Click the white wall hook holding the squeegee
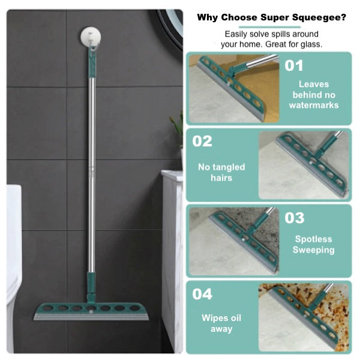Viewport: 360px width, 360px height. pos(91,36)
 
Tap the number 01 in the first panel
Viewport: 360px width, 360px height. pos(294,65)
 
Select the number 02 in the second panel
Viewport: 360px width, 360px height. pos(202,141)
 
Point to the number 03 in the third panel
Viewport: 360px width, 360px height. pos(295,218)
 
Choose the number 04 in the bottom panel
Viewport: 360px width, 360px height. pos(202,294)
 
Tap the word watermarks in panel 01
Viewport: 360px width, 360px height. pos(314,105)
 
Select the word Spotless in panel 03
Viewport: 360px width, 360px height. pos(314,239)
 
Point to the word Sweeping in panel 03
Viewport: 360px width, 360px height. pos(314,250)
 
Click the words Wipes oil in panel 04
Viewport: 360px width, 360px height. pos(221,318)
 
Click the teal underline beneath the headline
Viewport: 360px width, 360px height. pos(269,27)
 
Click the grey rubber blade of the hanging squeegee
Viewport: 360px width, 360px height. pos(91,317)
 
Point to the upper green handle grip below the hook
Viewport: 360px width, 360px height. pos(92,62)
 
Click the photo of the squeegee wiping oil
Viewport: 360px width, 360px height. pos(304,317)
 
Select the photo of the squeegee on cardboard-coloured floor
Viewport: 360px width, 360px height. pos(234,88)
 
